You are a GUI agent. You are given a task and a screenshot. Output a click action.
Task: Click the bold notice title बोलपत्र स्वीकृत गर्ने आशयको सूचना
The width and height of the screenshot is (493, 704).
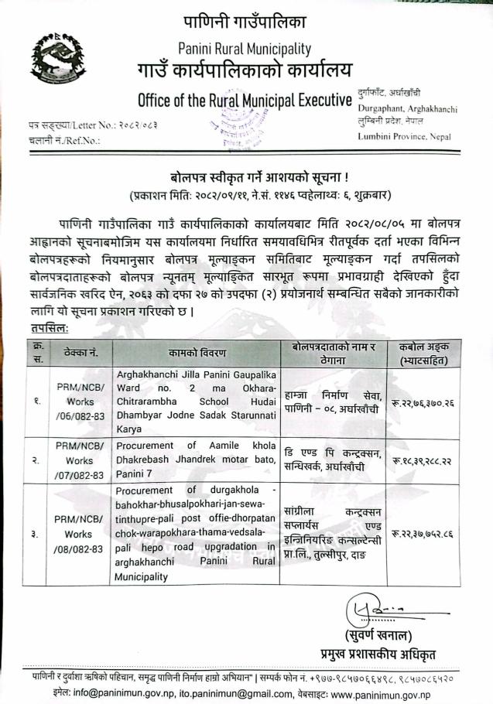[x=246, y=174]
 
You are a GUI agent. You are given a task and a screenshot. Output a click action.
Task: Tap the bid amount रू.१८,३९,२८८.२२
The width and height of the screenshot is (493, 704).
[x=433, y=460]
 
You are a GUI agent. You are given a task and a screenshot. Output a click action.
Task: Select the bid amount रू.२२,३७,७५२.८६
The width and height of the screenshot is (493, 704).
[x=433, y=533]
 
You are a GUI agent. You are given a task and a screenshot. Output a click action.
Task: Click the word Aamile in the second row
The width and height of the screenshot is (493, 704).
[x=215, y=445]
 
